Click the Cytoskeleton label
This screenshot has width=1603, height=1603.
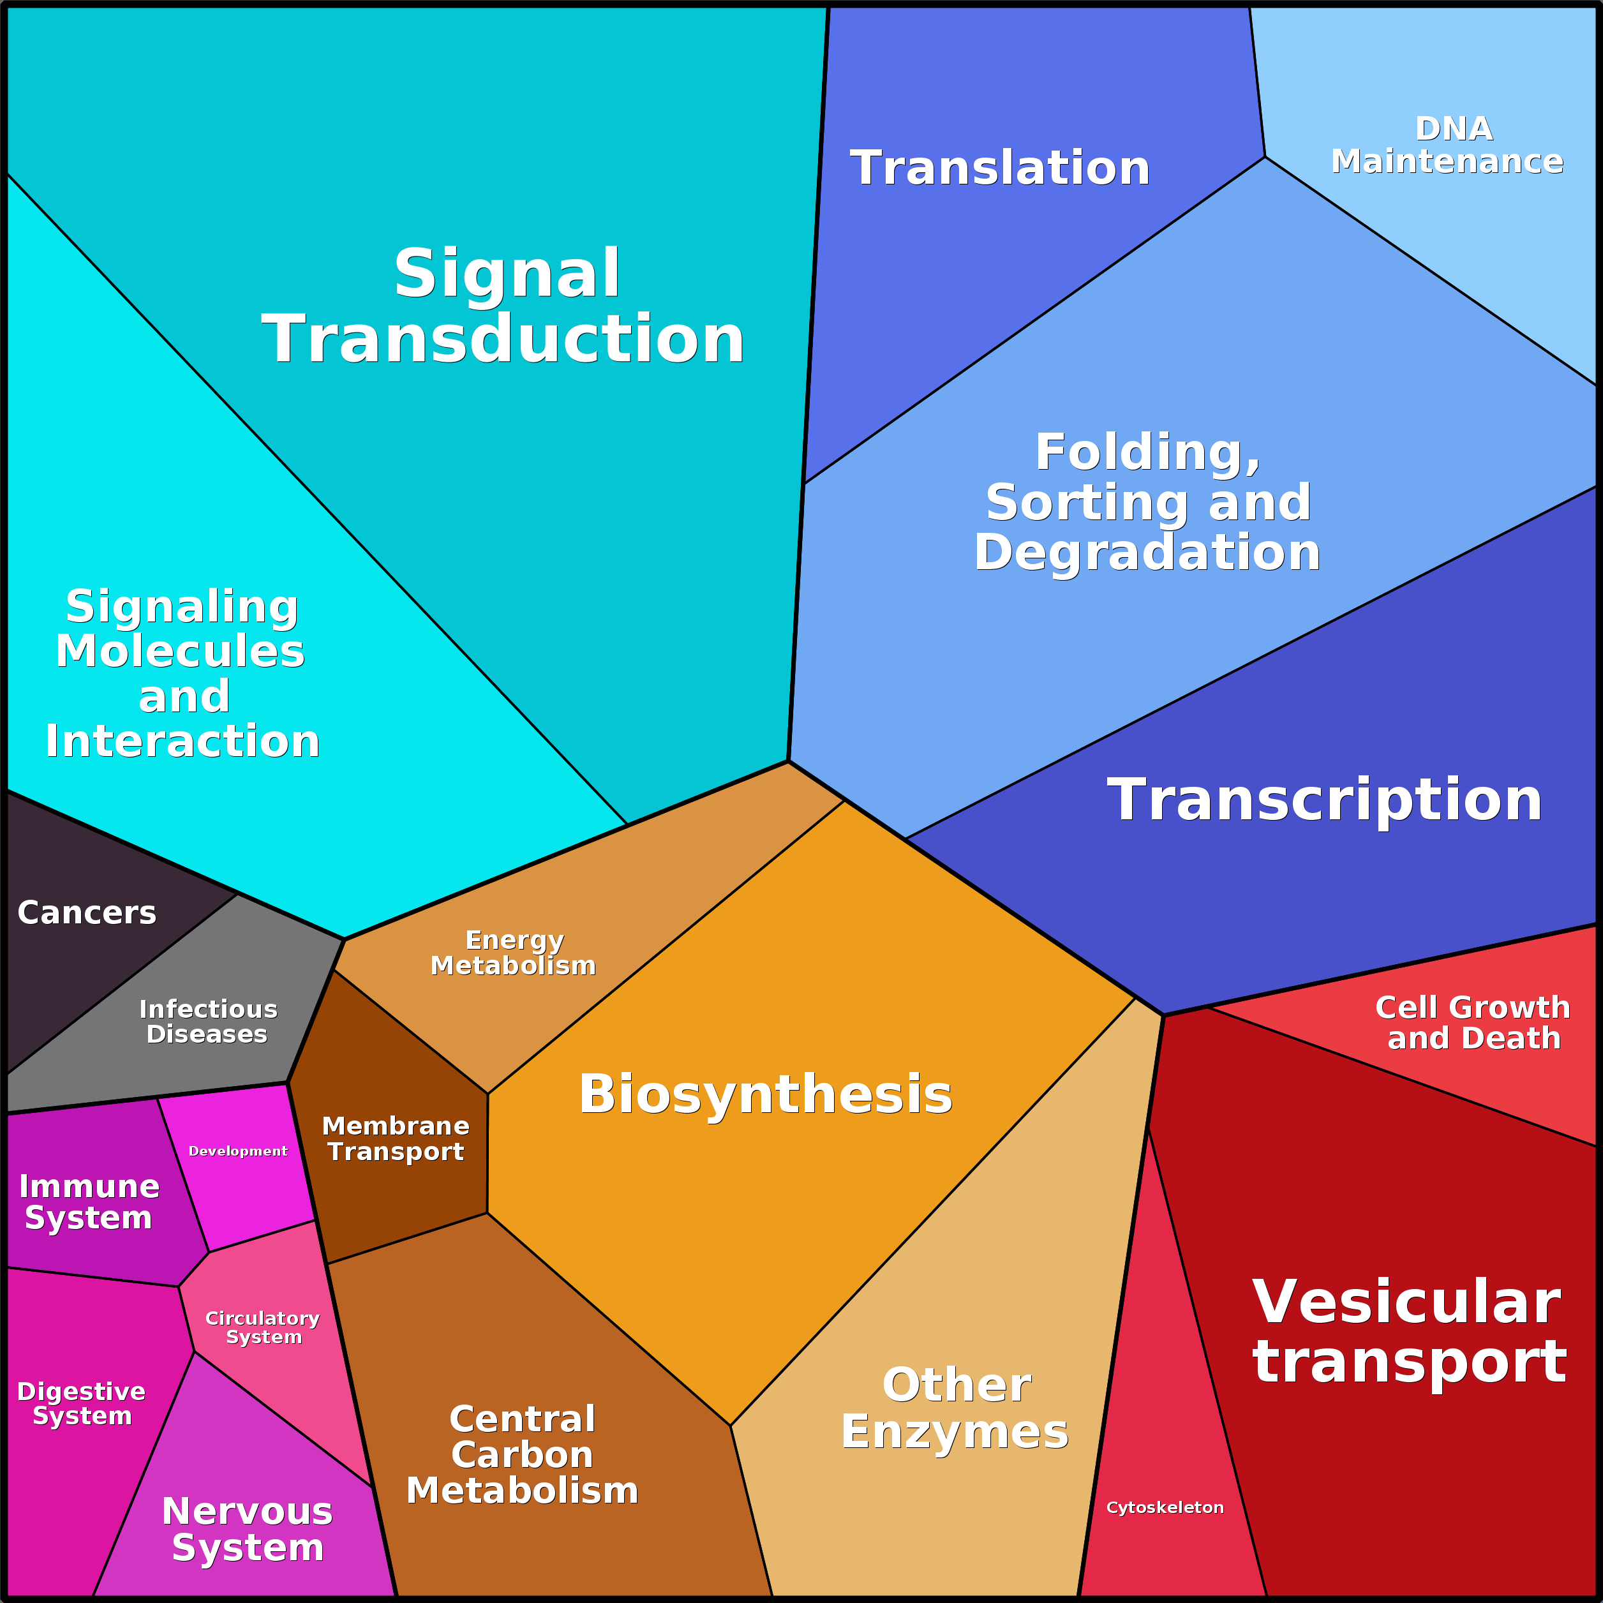click(1164, 1507)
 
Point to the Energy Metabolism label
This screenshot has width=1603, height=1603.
click(514, 953)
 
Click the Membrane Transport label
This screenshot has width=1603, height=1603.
click(396, 1138)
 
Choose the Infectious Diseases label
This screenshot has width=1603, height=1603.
click(207, 1022)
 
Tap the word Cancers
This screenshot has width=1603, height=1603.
click(87, 913)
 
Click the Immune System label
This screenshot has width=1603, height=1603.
click(89, 1202)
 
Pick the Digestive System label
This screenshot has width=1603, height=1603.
click(81, 1403)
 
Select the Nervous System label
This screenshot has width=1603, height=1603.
click(247, 1529)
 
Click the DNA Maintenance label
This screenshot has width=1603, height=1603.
click(1447, 145)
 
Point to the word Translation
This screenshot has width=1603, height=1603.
click(1000, 168)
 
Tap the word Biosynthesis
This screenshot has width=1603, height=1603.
click(765, 1094)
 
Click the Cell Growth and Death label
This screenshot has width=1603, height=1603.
click(1473, 1022)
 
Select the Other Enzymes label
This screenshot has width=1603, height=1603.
click(955, 1408)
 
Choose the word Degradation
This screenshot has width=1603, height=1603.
click(1147, 552)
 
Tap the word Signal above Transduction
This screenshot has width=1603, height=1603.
click(507, 273)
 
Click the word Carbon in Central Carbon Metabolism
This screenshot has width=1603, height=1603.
click(522, 1454)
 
